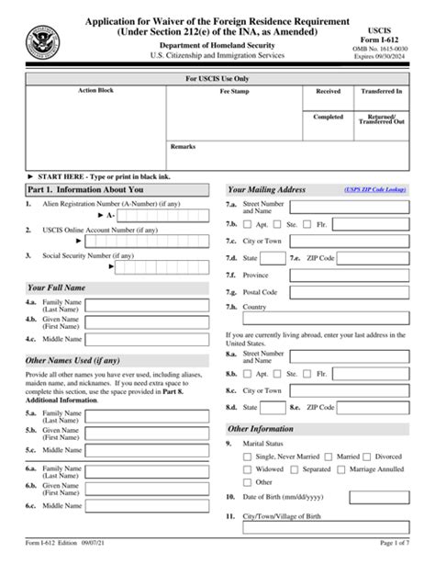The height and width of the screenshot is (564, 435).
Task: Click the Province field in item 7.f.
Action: [340, 275]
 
